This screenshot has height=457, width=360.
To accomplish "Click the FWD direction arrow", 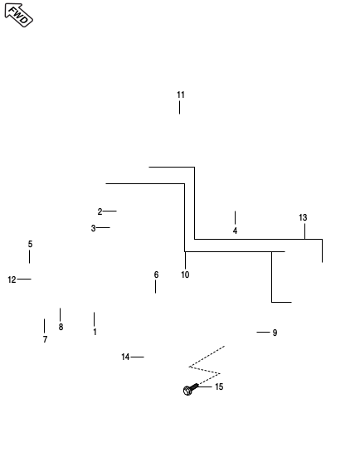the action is click(x=18, y=15).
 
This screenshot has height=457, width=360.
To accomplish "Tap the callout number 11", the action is click(x=181, y=95).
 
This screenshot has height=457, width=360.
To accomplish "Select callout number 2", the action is click(x=100, y=211).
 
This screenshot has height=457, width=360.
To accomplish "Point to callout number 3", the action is click(x=93, y=228).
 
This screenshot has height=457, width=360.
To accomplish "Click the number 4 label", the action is click(x=235, y=231).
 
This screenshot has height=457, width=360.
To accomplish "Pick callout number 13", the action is click(x=303, y=217).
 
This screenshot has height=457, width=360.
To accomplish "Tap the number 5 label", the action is click(x=31, y=244).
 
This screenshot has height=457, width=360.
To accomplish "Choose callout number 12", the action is click(x=12, y=280).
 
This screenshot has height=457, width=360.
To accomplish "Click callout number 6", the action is click(x=156, y=275).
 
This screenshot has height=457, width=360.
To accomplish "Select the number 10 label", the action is click(x=185, y=275).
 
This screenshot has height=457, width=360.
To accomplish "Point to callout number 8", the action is click(x=61, y=327).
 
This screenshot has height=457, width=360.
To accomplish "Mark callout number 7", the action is click(x=45, y=339).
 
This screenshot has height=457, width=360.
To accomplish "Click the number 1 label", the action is click(x=95, y=332).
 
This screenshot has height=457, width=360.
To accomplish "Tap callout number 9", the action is click(x=275, y=333).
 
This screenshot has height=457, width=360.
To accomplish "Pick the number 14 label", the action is click(x=125, y=357).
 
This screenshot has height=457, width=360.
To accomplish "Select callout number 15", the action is click(x=219, y=387).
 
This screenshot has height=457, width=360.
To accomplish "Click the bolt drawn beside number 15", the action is click(x=191, y=389).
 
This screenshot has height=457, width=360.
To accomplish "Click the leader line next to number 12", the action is click(x=24, y=279).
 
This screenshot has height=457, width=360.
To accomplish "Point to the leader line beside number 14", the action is click(x=138, y=357).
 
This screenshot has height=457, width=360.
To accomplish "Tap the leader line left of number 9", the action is click(x=263, y=332).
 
